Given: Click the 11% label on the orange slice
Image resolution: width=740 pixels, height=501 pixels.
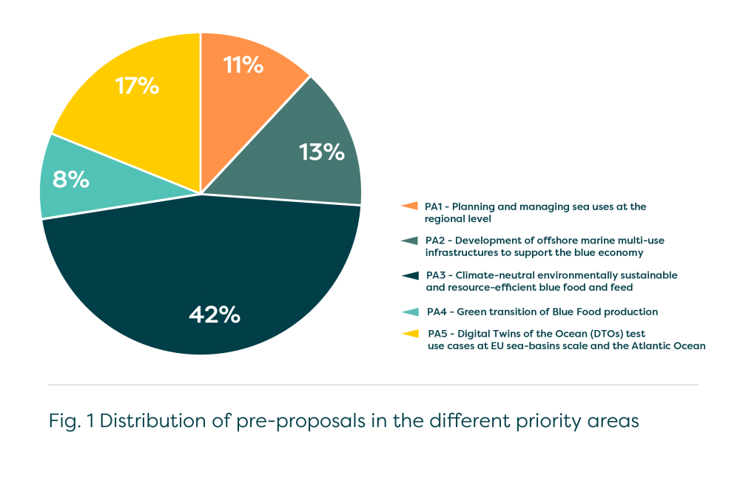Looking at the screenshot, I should (243, 65).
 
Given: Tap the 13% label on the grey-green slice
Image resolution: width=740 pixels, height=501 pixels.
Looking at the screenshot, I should (322, 152).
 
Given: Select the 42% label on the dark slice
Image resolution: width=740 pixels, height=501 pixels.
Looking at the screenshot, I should (215, 315).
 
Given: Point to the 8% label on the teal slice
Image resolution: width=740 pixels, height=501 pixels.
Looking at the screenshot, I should (70, 179).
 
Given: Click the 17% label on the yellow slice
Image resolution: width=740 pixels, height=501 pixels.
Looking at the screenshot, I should (137, 86).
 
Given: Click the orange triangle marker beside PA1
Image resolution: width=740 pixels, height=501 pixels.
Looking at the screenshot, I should (408, 206).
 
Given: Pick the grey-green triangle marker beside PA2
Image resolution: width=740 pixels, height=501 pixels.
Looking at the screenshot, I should (408, 241).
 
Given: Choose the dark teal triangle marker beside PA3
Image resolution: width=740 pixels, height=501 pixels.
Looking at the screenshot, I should (408, 275).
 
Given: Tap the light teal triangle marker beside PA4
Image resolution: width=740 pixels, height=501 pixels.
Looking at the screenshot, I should (408, 312).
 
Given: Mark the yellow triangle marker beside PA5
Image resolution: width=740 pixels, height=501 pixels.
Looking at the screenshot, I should (408, 334).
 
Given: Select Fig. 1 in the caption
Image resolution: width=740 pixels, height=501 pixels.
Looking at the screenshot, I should (70, 421).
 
